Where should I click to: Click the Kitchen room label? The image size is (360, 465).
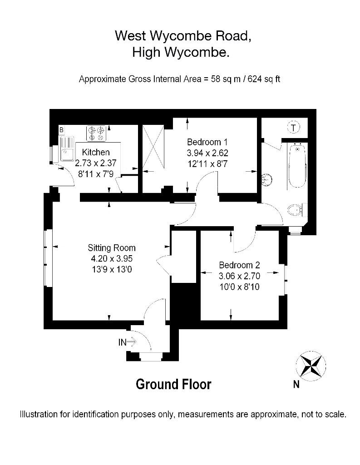(x=96, y=152)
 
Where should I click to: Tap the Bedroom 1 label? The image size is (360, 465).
(x=207, y=142)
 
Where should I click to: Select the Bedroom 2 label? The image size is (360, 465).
(x=239, y=265)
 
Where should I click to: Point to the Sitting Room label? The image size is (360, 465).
(x=112, y=248)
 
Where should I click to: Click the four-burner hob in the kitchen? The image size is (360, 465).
(x=96, y=133)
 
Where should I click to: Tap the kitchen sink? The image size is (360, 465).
(x=67, y=148)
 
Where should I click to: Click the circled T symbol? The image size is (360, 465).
(x=294, y=128)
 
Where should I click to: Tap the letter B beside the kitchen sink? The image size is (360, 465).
(x=61, y=130)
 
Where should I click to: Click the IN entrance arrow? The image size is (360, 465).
(x=127, y=342)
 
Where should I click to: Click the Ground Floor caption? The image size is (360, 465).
(x=173, y=384)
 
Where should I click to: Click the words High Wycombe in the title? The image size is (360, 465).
(x=181, y=53)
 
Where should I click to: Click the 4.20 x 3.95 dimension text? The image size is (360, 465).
(x=112, y=258)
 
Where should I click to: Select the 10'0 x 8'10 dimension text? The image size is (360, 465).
(x=239, y=287)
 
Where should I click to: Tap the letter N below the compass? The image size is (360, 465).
(x=296, y=385)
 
